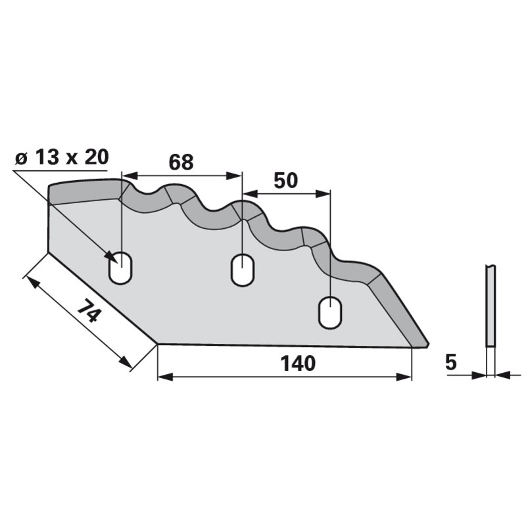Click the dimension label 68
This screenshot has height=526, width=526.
(181, 162)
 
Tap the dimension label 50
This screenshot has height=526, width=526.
(285, 180)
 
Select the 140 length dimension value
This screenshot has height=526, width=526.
(298, 364)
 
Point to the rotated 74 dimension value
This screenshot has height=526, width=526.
(89, 310)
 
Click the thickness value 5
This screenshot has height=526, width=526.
(451, 362)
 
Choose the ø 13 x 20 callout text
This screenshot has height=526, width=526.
(62, 157)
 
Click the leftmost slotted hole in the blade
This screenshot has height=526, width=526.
(120, 268)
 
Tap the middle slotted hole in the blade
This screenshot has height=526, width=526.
(242, 270)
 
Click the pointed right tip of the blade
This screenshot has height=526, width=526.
(429, 344)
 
